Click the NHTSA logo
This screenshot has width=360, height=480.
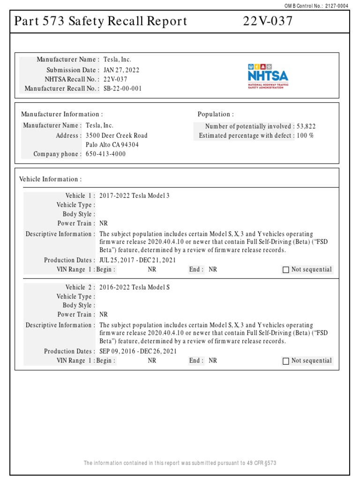tap(268, 76)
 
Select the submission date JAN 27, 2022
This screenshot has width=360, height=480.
tap(121, 70)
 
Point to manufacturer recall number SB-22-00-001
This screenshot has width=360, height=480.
tap(122, 89)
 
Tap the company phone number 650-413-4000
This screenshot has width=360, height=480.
tap(105, 154)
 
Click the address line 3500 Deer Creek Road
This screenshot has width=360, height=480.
tap(116, 135)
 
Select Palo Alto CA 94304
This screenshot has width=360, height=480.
tap(112, 145)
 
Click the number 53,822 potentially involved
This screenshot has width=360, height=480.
tap(306, 126)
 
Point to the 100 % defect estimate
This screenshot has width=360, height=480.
tap(305, 135)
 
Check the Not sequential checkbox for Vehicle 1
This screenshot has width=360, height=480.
tap(286, 270)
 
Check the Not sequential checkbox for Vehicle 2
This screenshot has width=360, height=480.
tap(286, 361)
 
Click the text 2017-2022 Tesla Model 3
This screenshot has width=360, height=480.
tap(134, 195)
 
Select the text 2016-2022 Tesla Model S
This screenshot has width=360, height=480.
tap(134, 287)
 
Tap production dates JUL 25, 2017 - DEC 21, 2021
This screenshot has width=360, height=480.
tap(138, 260)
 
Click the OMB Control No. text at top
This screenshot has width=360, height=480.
tap(323, 5)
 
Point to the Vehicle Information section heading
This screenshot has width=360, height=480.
tap(50, 179)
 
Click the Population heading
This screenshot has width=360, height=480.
tap(215, 114)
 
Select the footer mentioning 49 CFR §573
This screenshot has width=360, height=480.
tap(180, 463)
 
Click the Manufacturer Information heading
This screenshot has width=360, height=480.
tap(62, 114)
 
